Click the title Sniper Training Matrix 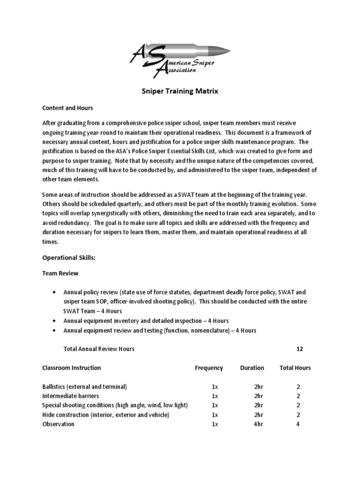(x=180, y=91)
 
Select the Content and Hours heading (x=67, y=108)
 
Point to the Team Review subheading (x=60, y=273)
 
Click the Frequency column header (x=209, y=368)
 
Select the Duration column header (x=252, y=368)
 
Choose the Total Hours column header (x=295, y=368)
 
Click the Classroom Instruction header (x=71, y=368)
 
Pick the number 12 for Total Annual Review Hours (x=300, y=349)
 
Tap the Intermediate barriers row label (x=70, y=396)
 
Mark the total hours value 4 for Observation (x=298, y=424)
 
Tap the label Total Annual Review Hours (x=99, y=349)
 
